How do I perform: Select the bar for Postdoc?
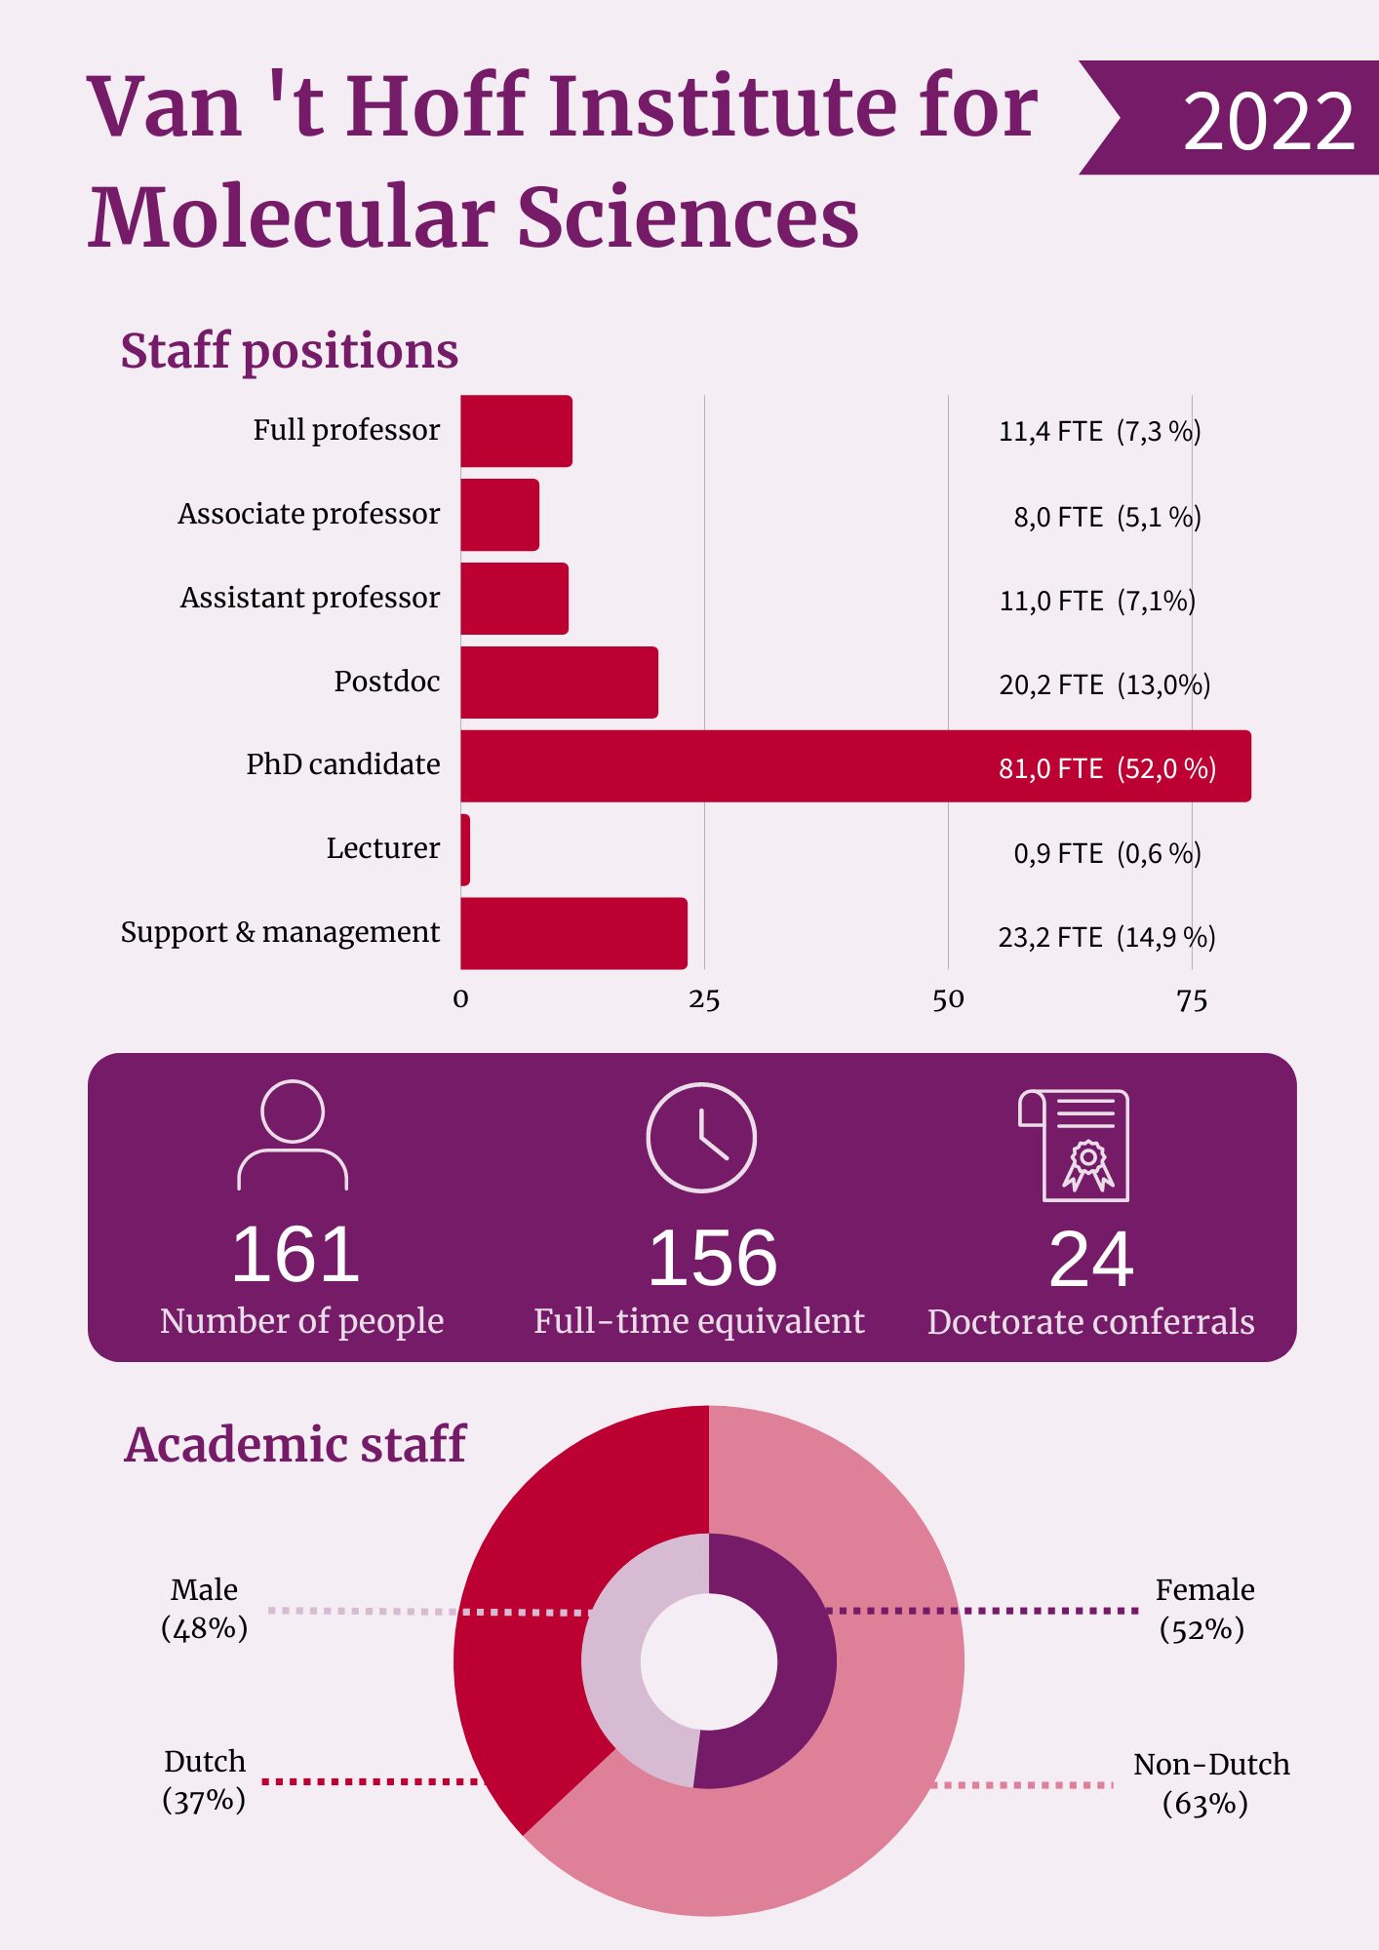pyautogui.click(x=559, y=682)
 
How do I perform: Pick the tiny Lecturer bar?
pyautogui.click(x=466, y=850)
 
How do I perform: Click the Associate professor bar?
pyautogui.click(x=499, y=515)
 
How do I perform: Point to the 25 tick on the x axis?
pyautogui.click(x=704, y=999)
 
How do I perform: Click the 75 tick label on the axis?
pyautogui.click(x=1192, y=1000)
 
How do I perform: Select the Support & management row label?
pyautogui.click(x=280, y=932)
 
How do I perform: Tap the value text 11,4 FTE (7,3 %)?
pyautogui.click(x=1099, y=431)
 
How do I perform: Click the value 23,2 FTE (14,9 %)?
pyautogui.click(x=1106, y=937)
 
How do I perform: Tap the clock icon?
pyautogui.click(x=701, y=1137)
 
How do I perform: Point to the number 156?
pyautogui.click(x=713, y=1258)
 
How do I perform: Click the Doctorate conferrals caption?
pyautogui.click(x=1090, y=1322)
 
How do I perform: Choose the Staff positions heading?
pyautogui.click(x=290, y=351)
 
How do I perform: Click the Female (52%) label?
pyautogui.click(x=1203, y=1609)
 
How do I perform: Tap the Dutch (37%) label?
pyautogui.click(x=205, y=1780)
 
